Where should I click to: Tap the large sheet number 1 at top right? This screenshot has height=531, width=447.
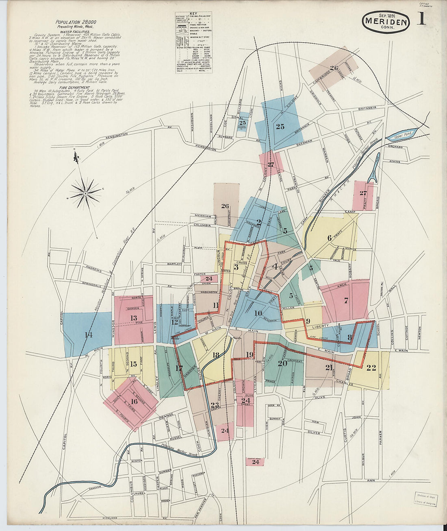click(x=421, y=18)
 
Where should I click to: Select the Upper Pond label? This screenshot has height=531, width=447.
click(x=403, y=133)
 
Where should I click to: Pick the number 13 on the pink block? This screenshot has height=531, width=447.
click(x=133, y=318)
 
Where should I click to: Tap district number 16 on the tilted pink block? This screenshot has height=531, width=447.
click(x=134, y=402)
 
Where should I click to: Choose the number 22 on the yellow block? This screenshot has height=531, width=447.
click(x=371, y=368)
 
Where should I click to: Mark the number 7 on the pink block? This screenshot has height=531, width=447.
click(x=346, y=301)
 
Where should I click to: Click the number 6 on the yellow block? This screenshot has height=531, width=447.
click(x=330, y=238)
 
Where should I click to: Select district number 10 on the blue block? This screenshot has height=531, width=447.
click(x=258, y=313)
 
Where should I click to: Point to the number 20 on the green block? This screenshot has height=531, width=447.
click(x=282, y=363)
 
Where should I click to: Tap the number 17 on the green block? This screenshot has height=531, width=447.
click(x=179, y=369)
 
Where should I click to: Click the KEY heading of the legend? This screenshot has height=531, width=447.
click(x=193, y=13)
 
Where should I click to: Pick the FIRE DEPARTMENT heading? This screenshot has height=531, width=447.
click(x=74, y=87)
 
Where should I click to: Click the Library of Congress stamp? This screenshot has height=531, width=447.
click(x=425, y=500)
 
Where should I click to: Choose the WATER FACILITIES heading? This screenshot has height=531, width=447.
click(x=75, y=31)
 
